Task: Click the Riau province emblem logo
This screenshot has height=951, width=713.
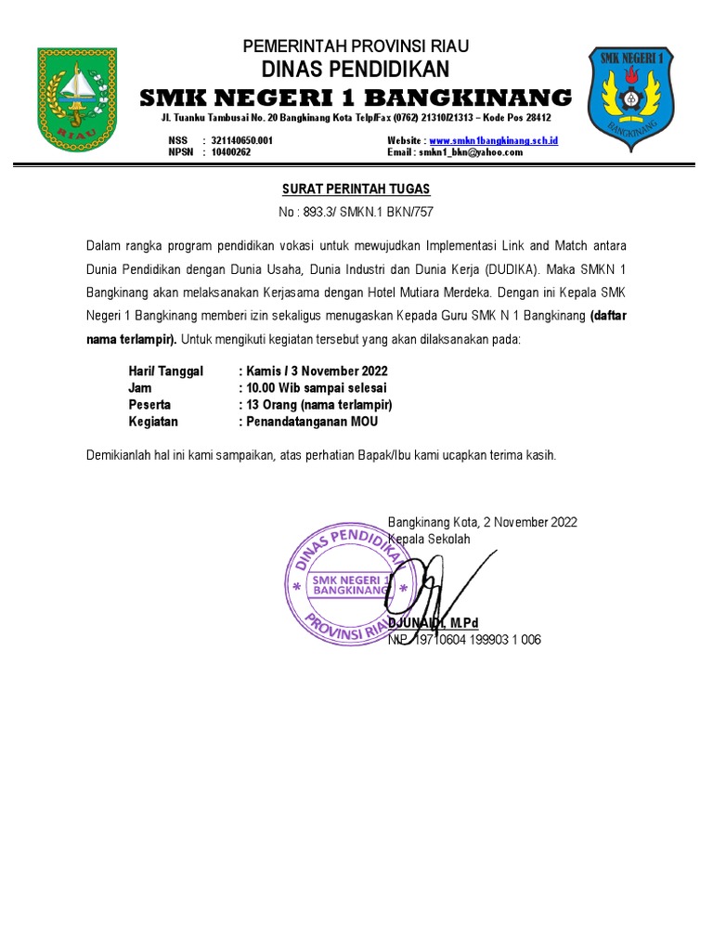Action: [x=77, y=99]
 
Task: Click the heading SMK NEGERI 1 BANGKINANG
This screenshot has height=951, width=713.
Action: [x=356, y=98]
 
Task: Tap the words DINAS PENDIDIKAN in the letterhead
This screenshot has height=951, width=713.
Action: [x=356, y=70]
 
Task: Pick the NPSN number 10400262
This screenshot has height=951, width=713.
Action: [x=231, y=152]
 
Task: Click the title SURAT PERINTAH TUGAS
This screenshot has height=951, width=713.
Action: [x=356, y=189]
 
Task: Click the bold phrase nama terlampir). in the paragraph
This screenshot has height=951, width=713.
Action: [x=131, y=340]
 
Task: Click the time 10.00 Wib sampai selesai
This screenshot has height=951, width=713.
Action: [x=316, y=388]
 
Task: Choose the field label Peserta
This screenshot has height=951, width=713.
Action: [x=149, y=405]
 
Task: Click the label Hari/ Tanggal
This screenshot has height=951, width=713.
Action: [x=165, y=371]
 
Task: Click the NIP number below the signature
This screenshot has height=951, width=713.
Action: [x=464, y=640]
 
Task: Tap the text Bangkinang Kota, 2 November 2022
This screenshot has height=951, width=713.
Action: [x=482, y=522]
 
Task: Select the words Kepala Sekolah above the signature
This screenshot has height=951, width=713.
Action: [x=429, y=539]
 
